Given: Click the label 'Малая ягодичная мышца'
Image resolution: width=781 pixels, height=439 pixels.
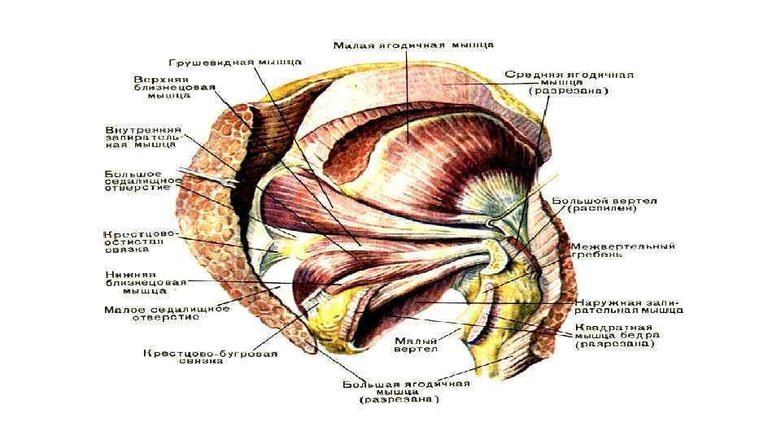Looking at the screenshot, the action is (x=414, y=45).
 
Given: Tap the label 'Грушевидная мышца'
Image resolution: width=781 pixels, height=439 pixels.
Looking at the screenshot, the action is (x=236, y=61).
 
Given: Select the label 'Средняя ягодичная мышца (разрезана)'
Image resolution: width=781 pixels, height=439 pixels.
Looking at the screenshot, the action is (x=569, y=82).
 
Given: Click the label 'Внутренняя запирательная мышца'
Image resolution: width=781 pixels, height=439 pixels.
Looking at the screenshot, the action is (x=142, y=137).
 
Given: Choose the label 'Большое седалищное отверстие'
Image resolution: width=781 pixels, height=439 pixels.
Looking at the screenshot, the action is (x=137, y=180).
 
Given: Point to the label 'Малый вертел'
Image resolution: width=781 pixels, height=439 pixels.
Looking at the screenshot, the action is (x=416, y=345).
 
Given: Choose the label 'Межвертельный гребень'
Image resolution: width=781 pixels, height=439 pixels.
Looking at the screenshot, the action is (x=623, y=250).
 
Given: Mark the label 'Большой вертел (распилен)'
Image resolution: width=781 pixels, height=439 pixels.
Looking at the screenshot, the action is (x=604, y=203).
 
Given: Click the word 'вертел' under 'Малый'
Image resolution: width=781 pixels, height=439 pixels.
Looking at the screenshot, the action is (x=416, y=350).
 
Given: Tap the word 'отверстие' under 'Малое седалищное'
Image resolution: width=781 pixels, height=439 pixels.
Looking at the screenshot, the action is (x=166, y=318).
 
